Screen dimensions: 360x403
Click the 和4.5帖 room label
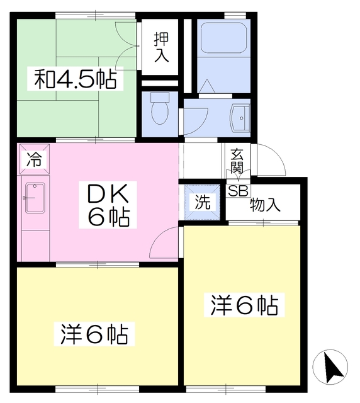(x=75, y=79)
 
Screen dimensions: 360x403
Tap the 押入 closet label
(x=161, y=47)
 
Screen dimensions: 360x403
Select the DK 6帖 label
(x=108, y=205)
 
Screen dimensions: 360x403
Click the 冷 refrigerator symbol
(x=35, y=159)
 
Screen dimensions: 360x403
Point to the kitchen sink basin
(x=35, y=198)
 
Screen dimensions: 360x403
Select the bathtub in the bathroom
(x=223, y=38)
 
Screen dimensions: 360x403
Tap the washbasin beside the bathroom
(x=240, y=118)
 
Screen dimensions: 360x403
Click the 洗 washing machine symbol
(x=203, y=202)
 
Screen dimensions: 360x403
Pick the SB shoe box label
(x=238, y=191)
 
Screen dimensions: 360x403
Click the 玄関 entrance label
(x=237, y=161)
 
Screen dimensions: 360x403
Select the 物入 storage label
(x=265, y=205)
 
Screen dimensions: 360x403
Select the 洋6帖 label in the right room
(x=244, y=305)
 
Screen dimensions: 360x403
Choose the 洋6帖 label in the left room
(x=94, y=334)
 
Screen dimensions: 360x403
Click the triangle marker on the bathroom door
(x=207, y=86)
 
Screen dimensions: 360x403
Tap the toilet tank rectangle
(x=160, y=97)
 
